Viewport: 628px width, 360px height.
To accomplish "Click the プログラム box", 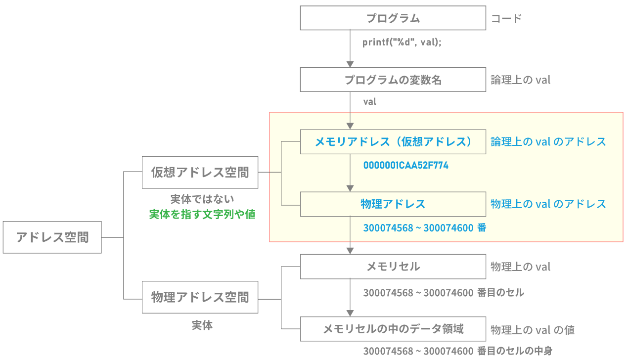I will [393, 19].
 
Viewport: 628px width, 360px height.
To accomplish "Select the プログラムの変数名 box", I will [393, 80].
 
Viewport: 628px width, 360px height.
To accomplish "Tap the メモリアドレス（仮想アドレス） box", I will [393, 142].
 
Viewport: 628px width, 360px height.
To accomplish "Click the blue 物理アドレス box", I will [393, 204].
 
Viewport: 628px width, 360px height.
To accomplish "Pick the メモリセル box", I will [393, 267].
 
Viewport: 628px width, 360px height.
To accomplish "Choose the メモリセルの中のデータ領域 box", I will [393, 329].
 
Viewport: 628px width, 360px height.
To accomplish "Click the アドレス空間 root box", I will [52, 237].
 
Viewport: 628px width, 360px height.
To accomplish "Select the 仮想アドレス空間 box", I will [200, 173].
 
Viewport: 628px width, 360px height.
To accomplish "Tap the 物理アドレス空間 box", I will [200, 297].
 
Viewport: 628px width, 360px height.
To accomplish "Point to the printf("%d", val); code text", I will [402, 42].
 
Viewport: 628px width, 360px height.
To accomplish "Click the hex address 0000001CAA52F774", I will [405, 165].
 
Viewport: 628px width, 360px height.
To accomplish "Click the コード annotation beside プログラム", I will [506, 19].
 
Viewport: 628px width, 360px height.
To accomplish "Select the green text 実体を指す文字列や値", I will [202, 215].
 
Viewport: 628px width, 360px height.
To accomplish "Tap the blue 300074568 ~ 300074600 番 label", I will [425, 228].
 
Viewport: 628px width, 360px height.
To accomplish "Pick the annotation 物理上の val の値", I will [532, 330].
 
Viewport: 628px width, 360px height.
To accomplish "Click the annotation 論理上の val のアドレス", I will [548, 142].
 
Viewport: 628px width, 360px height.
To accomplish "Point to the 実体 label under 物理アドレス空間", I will [202, 326].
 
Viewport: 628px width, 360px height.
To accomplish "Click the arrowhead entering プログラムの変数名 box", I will [350, 64].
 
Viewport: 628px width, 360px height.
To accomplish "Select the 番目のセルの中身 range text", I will [457, 351].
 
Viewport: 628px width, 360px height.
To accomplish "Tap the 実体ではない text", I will [202, 199].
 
